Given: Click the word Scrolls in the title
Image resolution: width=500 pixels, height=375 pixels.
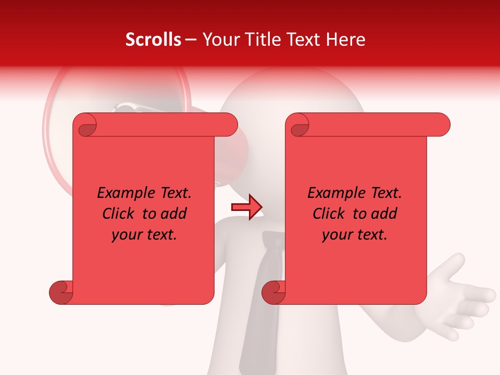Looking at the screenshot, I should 153,40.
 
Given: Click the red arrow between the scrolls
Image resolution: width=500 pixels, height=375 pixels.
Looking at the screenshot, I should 246,207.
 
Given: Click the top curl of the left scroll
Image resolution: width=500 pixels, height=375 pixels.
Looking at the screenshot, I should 85,125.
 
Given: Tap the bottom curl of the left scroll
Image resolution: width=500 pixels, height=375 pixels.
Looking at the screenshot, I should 61,292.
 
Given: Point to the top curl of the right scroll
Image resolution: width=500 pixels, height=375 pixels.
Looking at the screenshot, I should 298,125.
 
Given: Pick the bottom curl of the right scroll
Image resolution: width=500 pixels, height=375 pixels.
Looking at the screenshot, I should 273,292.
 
